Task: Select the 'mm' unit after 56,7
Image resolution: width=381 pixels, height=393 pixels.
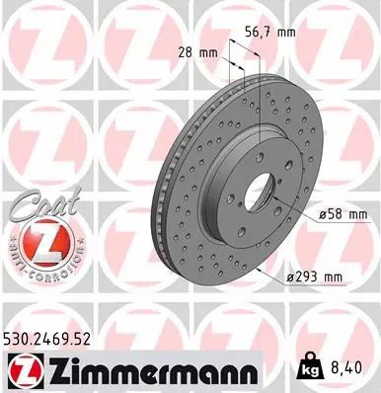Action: point(285,34)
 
